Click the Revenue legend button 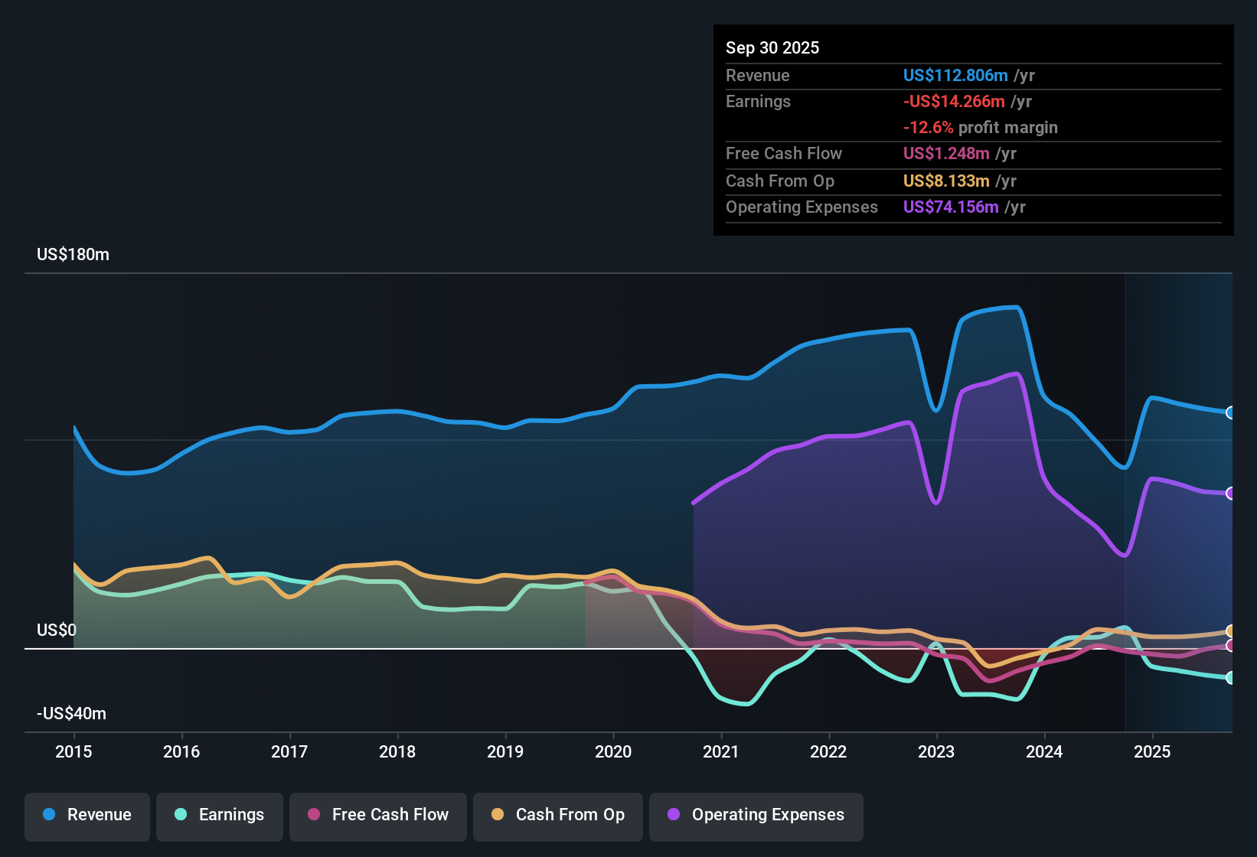(87, 815)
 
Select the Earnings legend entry (220, 815)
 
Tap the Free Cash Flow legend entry (378, 815)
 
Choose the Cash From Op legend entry (558, 815)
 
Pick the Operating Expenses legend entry (756, 815)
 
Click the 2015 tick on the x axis (73, 751)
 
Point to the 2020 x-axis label (613, 751)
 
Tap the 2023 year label (936, 751)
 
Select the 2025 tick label (1152, 751)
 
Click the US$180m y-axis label (73, 255)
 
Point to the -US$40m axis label (71, 714)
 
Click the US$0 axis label (57, 631)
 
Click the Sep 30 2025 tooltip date (772, 47)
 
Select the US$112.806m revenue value (955, 75)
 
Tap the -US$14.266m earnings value (954, 101)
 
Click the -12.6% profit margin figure (928, 127)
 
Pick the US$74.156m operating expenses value (950, 207)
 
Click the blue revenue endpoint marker (1230, 412)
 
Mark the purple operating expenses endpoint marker (1230, 494)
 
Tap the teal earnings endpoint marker (1230, 678)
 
